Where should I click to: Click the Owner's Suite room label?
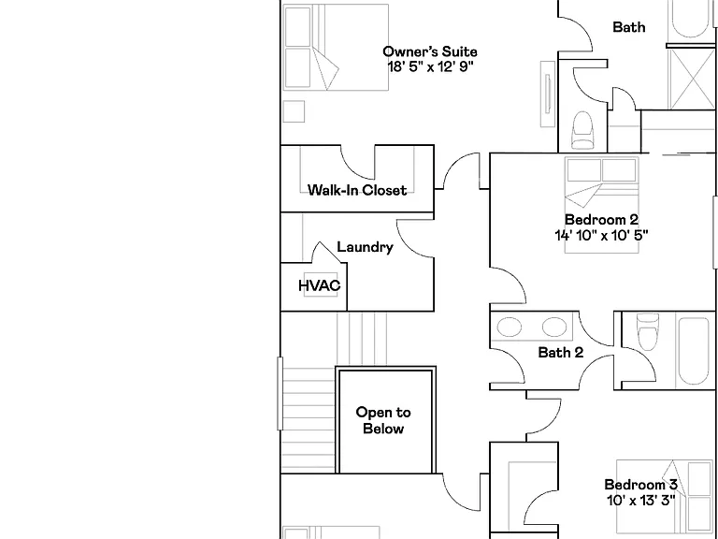point(430,51)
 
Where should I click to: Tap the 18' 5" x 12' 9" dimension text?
point(430,67)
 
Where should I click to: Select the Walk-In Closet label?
point(357,190)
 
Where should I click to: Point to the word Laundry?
point(365,247)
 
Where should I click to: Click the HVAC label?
point(320,285)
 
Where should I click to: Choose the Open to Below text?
point(383,420)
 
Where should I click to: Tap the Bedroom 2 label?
point(601,220)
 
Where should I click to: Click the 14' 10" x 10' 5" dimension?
point(601,236)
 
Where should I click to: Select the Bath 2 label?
point(561,353)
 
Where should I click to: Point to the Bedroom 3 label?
point(640,485)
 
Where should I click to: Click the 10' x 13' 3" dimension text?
point(640,501)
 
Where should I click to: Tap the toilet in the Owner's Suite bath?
point(582,130)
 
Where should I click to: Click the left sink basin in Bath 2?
point(510,328)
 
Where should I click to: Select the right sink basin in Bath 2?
point(554,328)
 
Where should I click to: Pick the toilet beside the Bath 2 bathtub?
point(648,331)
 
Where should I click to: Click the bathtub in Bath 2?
point(694,351)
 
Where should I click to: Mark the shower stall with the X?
point(691,79)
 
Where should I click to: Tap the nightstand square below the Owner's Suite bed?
point(294,111)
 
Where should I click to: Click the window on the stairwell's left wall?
point(280,394)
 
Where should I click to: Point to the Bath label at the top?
point(629,27)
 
